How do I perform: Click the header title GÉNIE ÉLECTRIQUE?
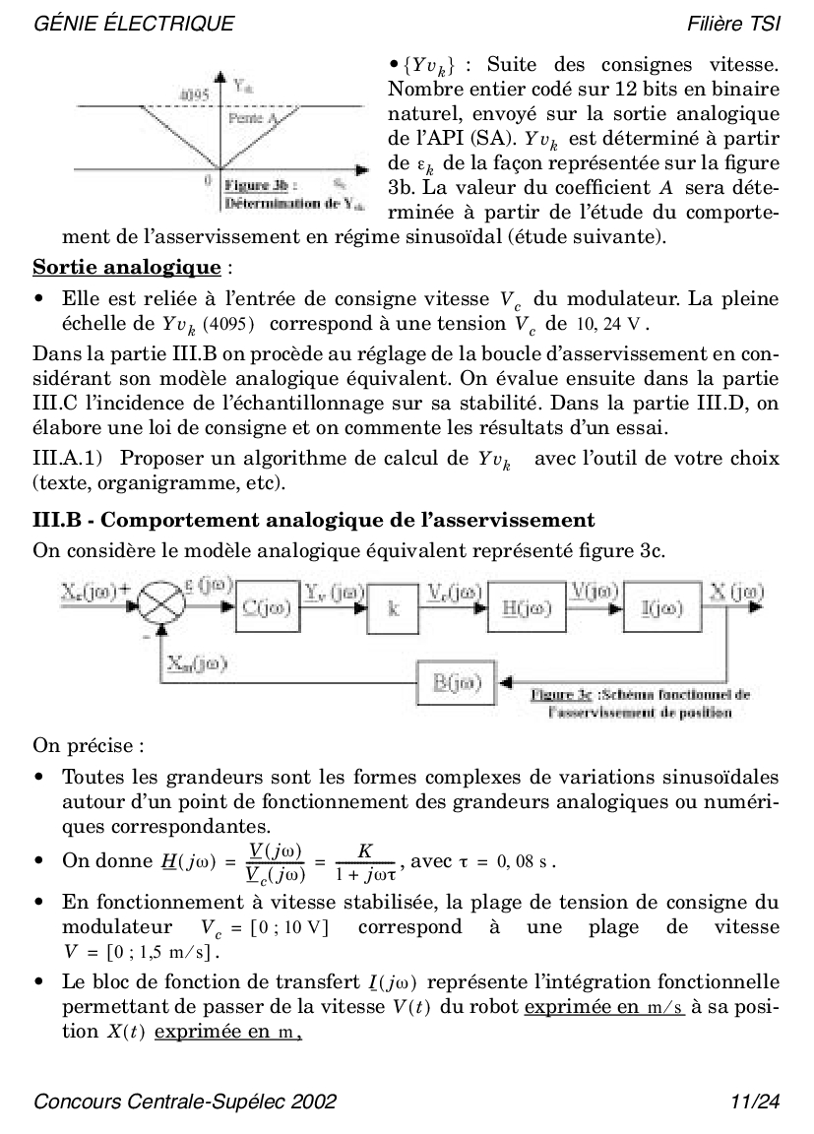coord(134,23)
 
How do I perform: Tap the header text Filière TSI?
coord(733,23)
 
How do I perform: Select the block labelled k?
coord(394,608)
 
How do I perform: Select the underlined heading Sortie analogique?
coord(127,268)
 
